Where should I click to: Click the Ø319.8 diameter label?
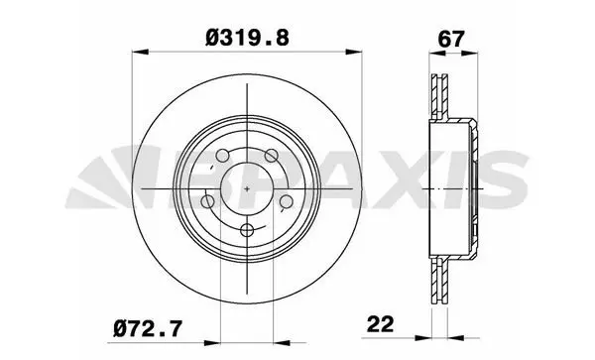coord(247,39)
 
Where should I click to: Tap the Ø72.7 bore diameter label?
coord(148,328)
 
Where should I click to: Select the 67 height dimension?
coord(451,39)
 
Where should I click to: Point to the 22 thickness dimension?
coord(380,324)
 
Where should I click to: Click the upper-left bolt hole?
coord(222,155)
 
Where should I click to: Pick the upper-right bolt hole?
coord(272,155)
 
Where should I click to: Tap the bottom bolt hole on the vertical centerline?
coord(247,229)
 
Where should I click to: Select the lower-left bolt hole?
coord(207,201)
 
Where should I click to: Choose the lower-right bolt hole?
coord(287,201)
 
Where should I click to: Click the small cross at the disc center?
coord(247,188)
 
